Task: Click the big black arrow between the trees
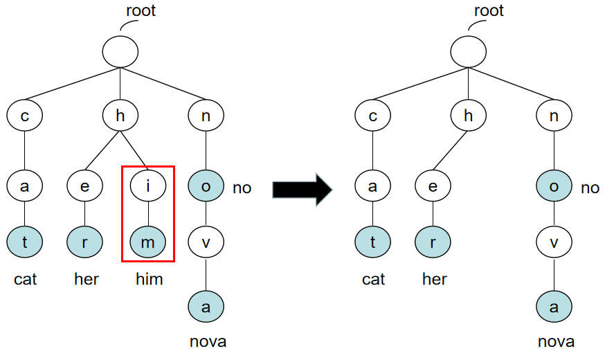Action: (303, 188)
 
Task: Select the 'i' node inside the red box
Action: (147, 186)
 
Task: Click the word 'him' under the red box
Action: (149, 279)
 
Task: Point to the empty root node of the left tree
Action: (120, 51)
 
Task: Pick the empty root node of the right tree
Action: (468, 51)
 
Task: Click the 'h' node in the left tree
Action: (120, 116)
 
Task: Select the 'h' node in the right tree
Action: (468, 116)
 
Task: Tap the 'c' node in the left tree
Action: (25, 116)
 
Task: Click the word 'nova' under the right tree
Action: (556, 341)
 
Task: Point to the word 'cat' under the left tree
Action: (26, 279)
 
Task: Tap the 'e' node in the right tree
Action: (433, 186)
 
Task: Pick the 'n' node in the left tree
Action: (206, 116)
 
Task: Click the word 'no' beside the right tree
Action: (590, 188)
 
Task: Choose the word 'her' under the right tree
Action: (435, 279)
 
